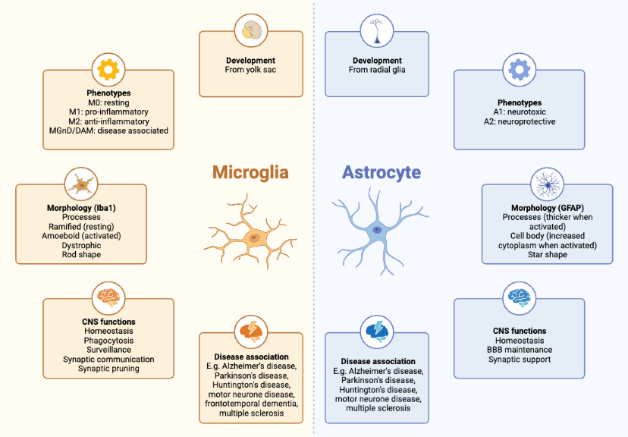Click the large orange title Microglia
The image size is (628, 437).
[x=250, y=172]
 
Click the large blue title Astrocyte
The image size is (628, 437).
[x=381, y=172]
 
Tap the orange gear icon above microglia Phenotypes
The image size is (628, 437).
[x=108, y=70]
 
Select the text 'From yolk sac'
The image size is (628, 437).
[x=250, y=71]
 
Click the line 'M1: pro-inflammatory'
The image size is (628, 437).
[x=108, y=112]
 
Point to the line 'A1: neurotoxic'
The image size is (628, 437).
[x=519, y=112]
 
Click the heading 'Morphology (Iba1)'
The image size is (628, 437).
[x=81, y=207]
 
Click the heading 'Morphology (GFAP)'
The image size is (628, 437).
[x=547, y=208]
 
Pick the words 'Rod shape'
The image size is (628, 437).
[x=81, y=254]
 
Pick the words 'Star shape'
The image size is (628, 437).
[x=547, y=254]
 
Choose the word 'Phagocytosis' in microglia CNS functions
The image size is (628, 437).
[x=108, y=341]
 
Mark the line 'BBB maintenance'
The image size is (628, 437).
[x=520, y=350]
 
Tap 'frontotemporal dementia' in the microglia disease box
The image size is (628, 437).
[x=250, y=404]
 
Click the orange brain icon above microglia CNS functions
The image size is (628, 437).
[x=108, y=297]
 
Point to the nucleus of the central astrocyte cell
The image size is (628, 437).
[x=377, y=229]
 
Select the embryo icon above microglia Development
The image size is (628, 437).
[x=251, y=31]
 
